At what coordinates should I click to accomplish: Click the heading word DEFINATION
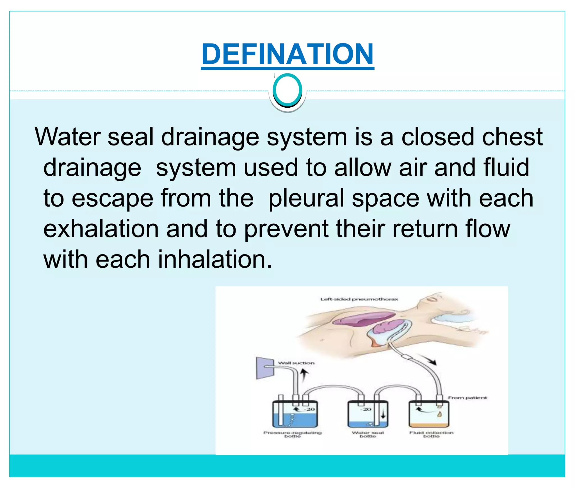[x=287, y=54]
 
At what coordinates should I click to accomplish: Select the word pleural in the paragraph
[x=306, y=198]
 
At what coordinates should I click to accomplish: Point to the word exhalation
[x=101, y=229]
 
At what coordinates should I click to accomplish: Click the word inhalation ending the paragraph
[x=215, y=260]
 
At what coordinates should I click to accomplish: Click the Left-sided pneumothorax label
[x=359, y=299]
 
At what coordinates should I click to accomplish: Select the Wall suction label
[x=296, y=363]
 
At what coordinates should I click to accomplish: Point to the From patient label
[x=467, y=397]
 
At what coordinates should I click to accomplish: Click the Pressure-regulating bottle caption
[x=292, y=434]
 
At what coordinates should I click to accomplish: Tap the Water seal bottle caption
[x=368, y=434]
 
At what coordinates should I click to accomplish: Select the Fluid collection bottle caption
[x=431, y=434]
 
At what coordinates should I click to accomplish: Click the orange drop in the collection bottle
[x=439, y=414]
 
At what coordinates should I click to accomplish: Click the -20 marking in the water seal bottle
[x=366, y=409]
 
